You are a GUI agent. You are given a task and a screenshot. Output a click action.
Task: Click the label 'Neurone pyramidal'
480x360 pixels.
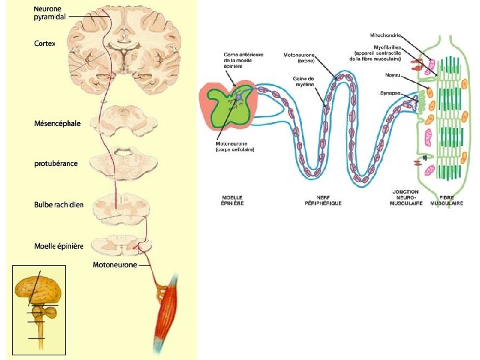point(49,12)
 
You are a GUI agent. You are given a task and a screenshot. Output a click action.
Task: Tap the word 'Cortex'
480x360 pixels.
point(44,43)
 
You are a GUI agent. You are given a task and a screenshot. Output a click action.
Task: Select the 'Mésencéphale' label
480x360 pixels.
point(57,123)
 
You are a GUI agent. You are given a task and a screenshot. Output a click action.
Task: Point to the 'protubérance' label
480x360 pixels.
point(55,163)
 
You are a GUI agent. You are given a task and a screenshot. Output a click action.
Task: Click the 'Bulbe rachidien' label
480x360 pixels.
point(59,204)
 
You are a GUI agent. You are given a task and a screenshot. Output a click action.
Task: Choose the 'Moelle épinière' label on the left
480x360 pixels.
point(59,247)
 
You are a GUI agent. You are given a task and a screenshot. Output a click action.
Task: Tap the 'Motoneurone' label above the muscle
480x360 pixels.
point(115,265)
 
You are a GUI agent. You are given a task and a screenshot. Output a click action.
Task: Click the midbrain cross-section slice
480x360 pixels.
point(125,118)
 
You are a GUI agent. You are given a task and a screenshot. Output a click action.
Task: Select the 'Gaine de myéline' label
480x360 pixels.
point(303,81)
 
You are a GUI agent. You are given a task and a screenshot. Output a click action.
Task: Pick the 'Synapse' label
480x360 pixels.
point(391,93)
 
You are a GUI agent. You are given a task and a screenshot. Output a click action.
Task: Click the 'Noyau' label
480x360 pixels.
point(393,75)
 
